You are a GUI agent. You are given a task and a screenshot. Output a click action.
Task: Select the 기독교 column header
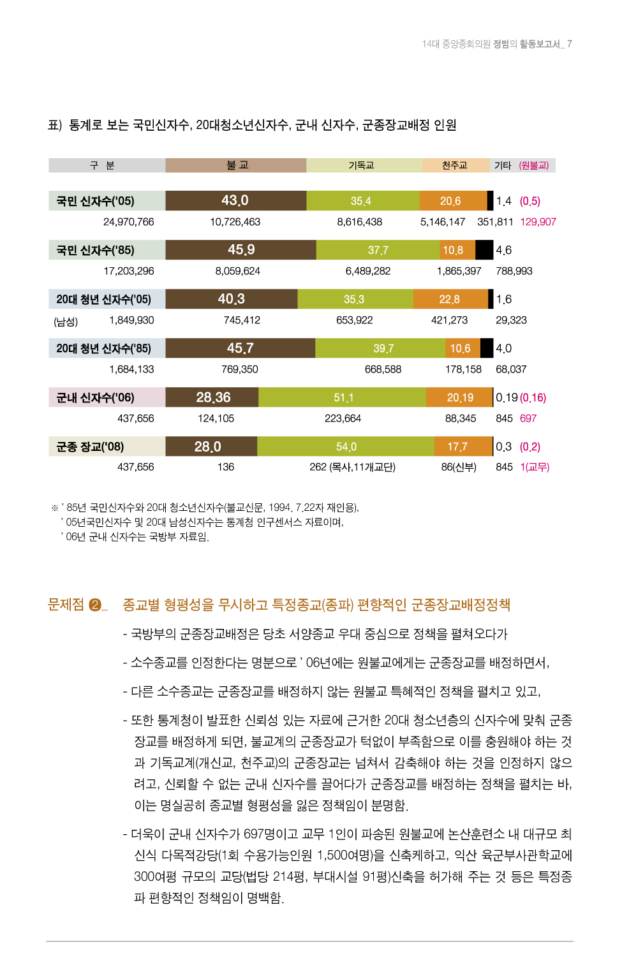click(x=362, y=165)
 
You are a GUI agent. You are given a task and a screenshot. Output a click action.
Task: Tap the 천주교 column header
click(x=455, y=165)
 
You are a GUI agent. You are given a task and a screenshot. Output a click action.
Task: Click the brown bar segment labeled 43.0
click(x=235, y=201)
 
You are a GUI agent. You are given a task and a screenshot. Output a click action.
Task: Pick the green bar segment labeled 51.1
click(x=343, y=397)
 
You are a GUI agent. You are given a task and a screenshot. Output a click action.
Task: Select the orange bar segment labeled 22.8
click(x=449, y=299)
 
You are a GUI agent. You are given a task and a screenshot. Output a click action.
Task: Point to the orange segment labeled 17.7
click(x=457, y=446)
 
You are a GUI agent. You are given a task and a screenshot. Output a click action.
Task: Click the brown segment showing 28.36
click(x=212, y=397)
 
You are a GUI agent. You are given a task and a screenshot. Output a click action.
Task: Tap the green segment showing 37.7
click(x=378, y=250)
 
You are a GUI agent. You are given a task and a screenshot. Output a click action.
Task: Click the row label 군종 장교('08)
click(x=90, y=446)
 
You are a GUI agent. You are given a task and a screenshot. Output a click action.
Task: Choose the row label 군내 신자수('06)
click(x=95, y=397)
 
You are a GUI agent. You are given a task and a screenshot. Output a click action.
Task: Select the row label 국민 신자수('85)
click(x=95, y=250)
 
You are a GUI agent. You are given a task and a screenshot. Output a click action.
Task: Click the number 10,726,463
click(x=235, y=222)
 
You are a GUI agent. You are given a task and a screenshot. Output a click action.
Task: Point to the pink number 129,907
click(x=538, y=222)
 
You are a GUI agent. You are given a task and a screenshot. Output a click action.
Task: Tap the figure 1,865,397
click(x=459, y=271)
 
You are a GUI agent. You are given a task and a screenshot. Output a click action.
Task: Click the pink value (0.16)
click(x=533, y=397)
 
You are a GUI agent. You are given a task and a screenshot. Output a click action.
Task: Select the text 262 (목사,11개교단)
click(x=352, y=467)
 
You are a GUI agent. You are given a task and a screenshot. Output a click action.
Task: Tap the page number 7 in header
click(x=569, y=44)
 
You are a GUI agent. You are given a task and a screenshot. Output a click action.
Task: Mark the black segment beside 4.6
click(x=484, y=250)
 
